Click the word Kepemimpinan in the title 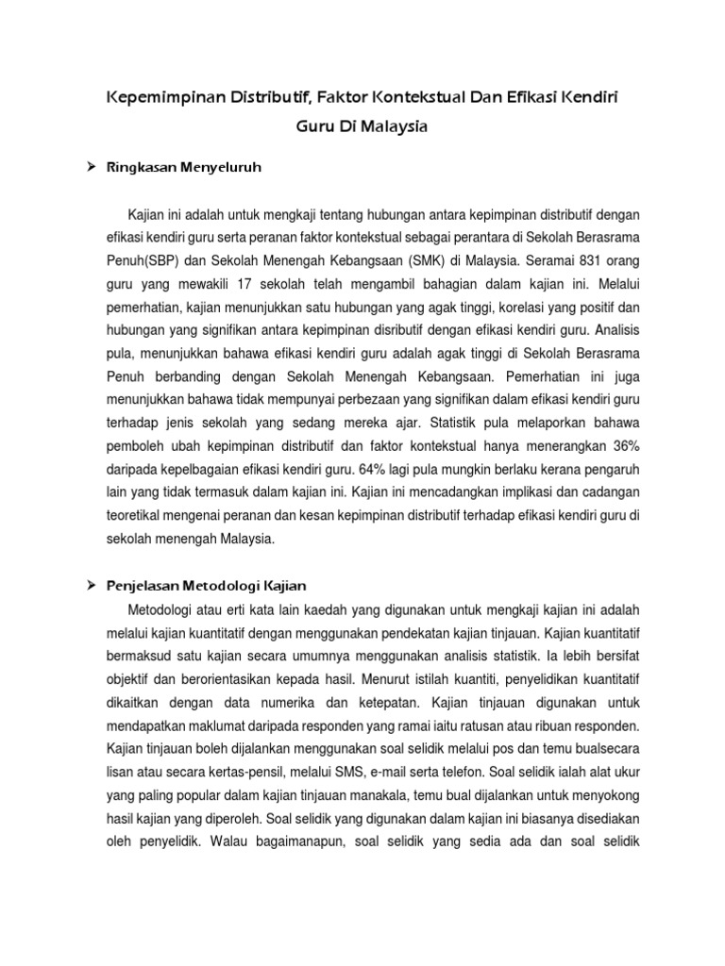[158, 97]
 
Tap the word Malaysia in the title [389, 127]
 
